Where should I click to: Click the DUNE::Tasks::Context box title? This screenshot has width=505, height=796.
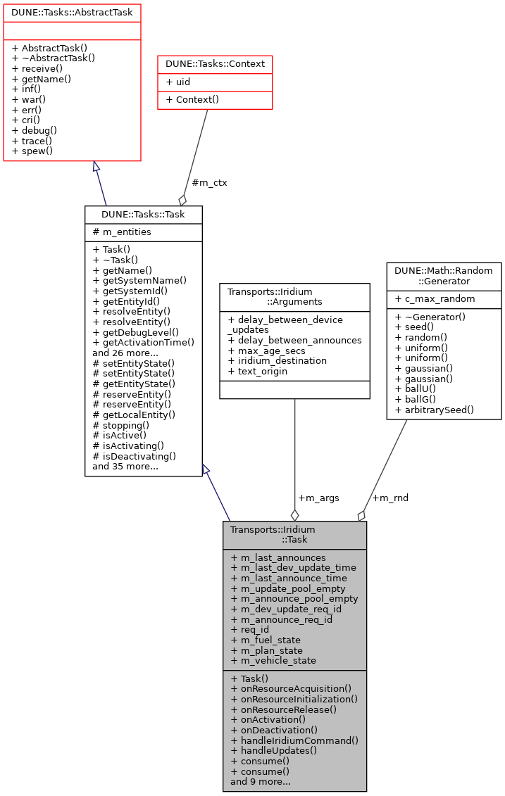click(x=215, y=63)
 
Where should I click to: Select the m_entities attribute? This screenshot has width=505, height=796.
click(x=121, y=232)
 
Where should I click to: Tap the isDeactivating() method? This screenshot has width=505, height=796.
click(x=134, y=455)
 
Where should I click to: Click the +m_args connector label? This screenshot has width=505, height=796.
click(x=318, y=498)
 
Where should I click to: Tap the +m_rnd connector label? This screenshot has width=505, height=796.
click(x=390, y=498)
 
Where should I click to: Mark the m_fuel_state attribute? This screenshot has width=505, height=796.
click(x=266, y=640)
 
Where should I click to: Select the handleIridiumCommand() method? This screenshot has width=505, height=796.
click(x=294, y=740)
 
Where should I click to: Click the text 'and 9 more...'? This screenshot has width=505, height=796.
click(x=261, y=781)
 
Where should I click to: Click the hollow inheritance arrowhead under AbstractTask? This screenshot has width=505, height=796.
click(x=96, y=166)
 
